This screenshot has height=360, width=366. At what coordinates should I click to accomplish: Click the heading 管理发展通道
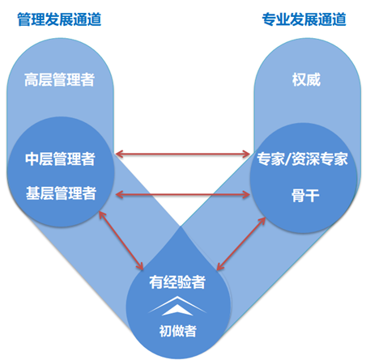tap(59, 19)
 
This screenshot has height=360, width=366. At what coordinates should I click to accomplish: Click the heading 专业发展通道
tap(304, 19)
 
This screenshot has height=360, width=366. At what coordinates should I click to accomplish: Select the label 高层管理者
tap(59, 79)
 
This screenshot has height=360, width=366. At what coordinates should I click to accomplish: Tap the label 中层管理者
tap(60, 159)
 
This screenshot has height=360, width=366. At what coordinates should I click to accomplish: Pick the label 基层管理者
tap(61, 193)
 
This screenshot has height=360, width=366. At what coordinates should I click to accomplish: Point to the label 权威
tap(306, 79)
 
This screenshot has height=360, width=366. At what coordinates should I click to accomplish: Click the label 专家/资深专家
tap(302, 159)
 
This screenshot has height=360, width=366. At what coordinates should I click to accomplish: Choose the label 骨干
tap(305, 196)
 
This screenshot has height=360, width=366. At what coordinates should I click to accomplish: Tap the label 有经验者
tap(177, 282)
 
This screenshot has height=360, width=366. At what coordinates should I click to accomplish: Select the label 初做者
tap(177, 331)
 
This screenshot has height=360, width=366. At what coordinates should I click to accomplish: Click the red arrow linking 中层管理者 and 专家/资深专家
tap(182, 155)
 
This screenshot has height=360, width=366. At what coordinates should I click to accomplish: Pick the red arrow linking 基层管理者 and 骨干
tap(182, 195)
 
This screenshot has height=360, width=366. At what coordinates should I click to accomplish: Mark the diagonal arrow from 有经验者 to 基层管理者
tap(121, 240)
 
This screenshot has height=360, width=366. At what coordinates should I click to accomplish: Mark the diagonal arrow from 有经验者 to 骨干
tap(241, 244)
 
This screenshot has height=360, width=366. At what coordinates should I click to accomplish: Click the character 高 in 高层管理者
tap(32, 79)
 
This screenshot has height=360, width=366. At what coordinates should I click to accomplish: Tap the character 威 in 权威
tap(313, 79)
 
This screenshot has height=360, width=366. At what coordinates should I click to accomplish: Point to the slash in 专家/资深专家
tap(288, 159)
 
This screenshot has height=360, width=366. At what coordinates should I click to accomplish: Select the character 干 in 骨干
tap(313, 196)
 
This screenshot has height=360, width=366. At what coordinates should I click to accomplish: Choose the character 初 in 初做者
tap(165, 331)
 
